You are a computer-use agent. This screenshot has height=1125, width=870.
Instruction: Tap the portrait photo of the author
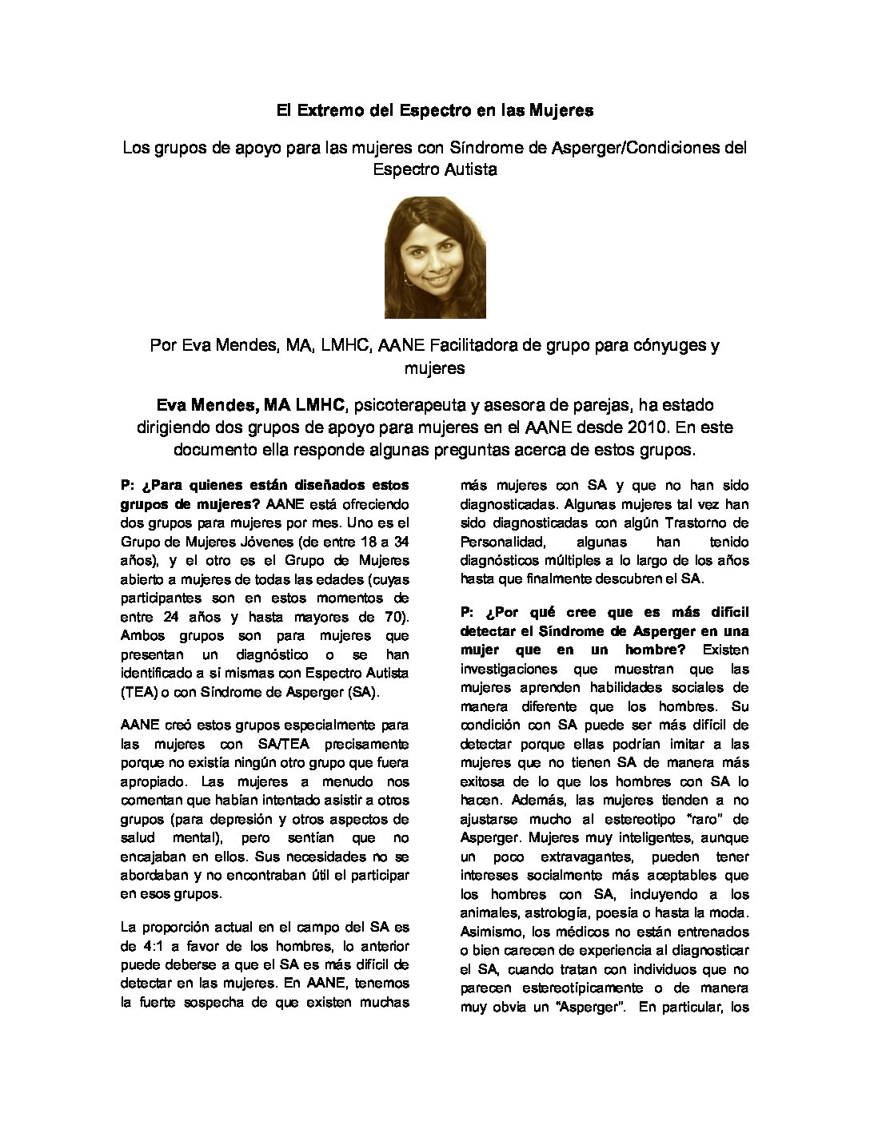point(435,256)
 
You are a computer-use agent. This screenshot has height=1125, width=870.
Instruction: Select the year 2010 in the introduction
point(627,427)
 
